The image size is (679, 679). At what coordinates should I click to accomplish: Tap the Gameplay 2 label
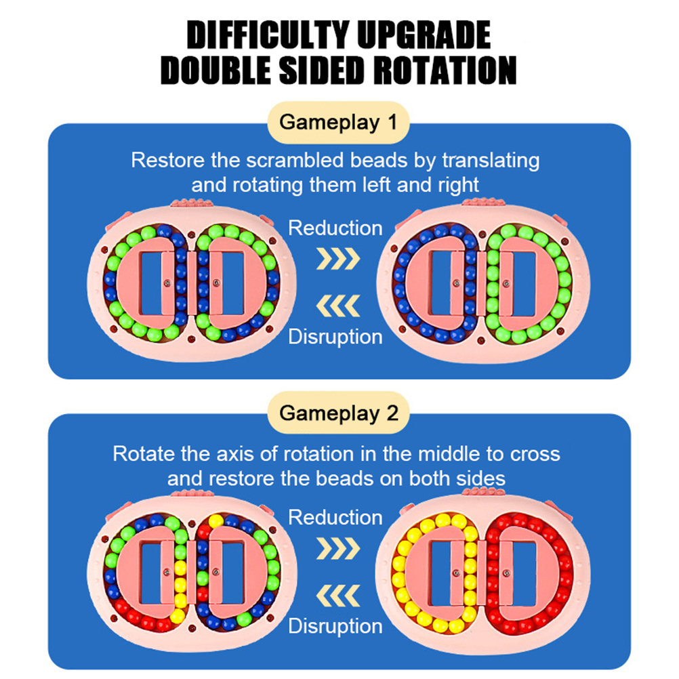pos(339,413)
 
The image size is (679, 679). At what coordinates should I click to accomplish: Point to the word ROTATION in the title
pos(437,70)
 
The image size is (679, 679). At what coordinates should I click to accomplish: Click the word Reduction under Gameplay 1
pos(335,228)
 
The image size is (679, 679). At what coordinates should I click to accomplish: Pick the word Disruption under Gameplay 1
pos(335,336)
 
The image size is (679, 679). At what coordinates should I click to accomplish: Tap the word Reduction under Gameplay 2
pos(335,518)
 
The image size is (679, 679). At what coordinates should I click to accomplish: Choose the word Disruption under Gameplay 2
pos(335,626)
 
